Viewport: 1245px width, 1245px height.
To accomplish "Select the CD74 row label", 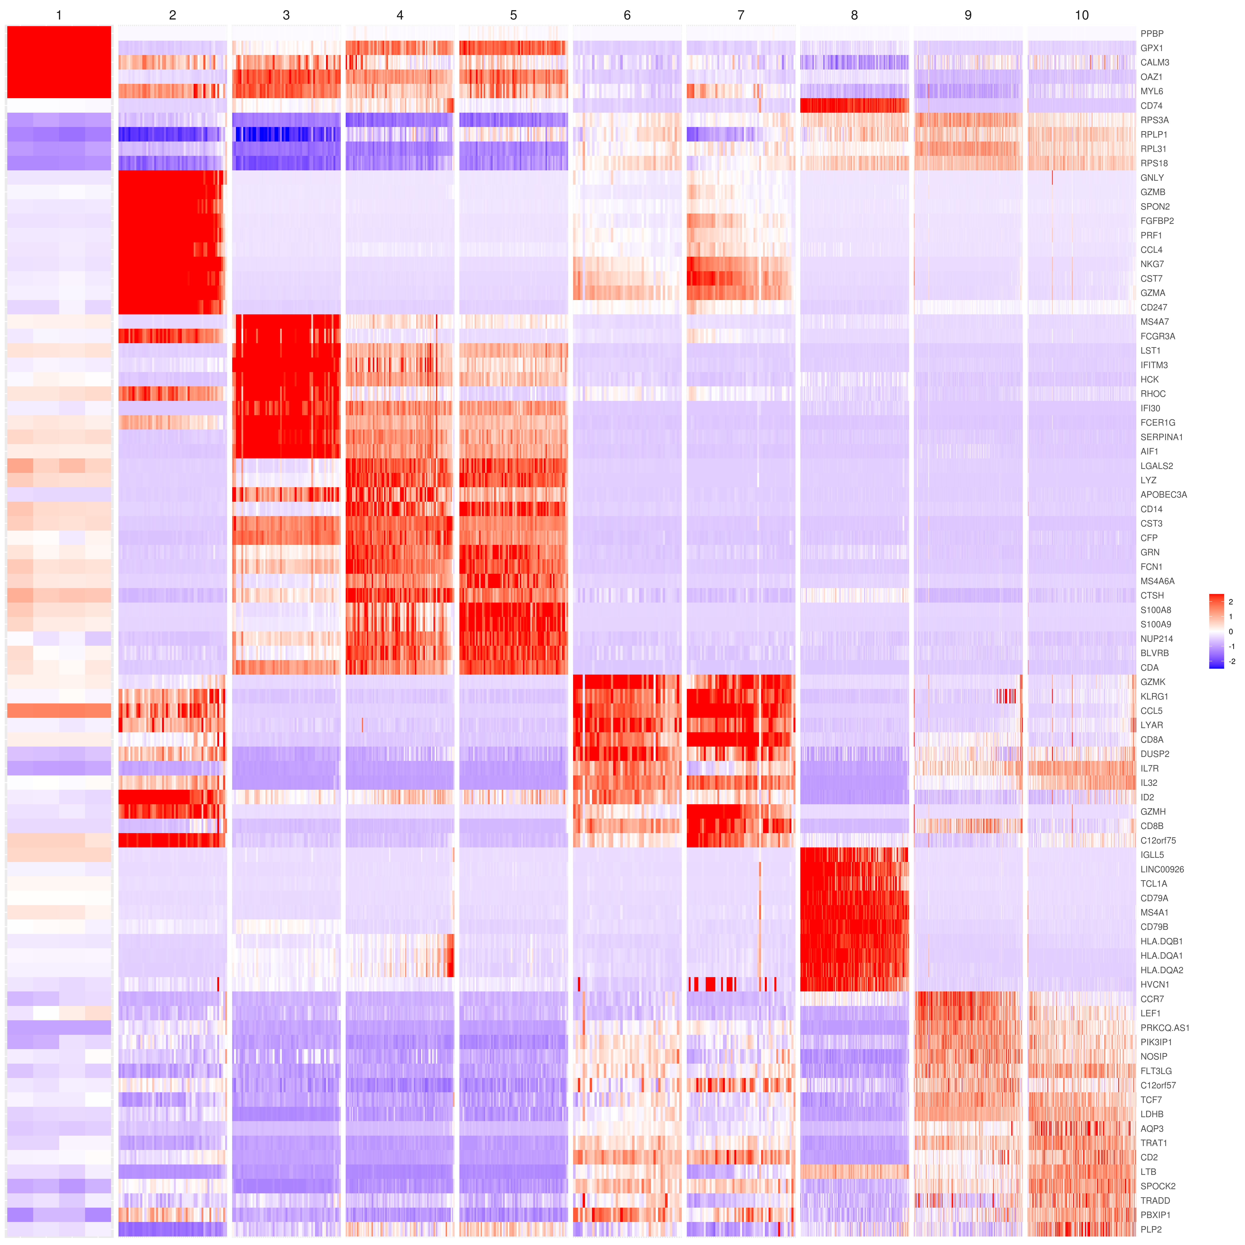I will [x=1151, y=106].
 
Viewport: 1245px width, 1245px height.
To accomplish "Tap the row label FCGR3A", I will [x=1157, y=336].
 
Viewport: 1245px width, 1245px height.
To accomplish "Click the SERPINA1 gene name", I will [x=1161, y=437].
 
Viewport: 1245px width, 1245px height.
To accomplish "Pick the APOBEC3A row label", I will [x=1163, y=495].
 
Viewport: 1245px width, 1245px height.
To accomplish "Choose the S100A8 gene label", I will [x=1155, y=610].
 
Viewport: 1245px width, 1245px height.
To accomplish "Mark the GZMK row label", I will [x=1153, y=682].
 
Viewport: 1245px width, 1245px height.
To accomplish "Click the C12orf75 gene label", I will [x=1158, y=840].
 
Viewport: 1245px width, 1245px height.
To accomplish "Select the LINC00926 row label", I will [x=1162, y=869].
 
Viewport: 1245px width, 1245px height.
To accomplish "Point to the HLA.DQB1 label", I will [x=1161, y=941].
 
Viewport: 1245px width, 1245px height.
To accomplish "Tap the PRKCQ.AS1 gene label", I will [x=1164, y=1028].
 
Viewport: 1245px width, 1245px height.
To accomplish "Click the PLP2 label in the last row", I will [x=1151, y=1229].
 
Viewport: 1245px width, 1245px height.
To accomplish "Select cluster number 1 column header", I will [x=59, y=15].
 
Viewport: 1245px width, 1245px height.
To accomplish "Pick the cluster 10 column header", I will [x=1081, y=15].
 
